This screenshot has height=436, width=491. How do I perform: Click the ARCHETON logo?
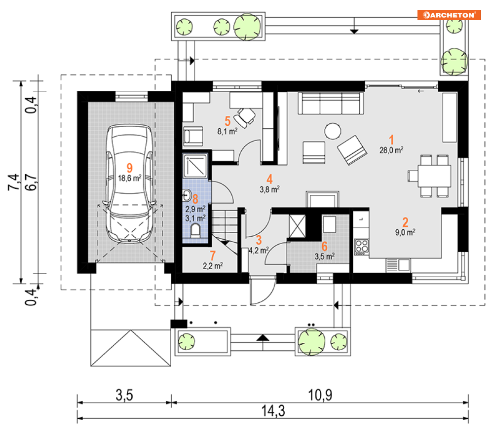(449, 15)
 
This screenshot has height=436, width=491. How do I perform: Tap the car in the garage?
(129, 184)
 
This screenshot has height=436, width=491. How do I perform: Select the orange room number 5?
(227, 121)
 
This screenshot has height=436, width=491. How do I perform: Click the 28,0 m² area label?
(391, 150)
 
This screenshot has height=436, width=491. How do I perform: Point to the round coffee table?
(333, 131)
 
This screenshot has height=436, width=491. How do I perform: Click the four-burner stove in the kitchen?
(361, 247)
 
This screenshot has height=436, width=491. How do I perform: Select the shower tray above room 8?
(195, 166)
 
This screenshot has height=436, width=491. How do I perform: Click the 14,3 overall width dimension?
(273, 411)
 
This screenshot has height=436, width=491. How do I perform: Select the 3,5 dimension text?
(124, 395)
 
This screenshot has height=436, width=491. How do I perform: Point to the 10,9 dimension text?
(320, 395)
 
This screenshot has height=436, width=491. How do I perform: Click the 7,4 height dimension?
(13, 182)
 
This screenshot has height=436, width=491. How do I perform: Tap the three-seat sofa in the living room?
(331, 103)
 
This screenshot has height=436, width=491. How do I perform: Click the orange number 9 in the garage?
(129, 168)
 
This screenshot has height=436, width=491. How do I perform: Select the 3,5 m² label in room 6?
(324, 256)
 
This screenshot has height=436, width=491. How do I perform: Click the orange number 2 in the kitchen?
(405, 222)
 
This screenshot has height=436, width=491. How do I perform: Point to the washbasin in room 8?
(187, 195)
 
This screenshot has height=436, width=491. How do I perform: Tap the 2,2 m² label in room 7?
(213, 266)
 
